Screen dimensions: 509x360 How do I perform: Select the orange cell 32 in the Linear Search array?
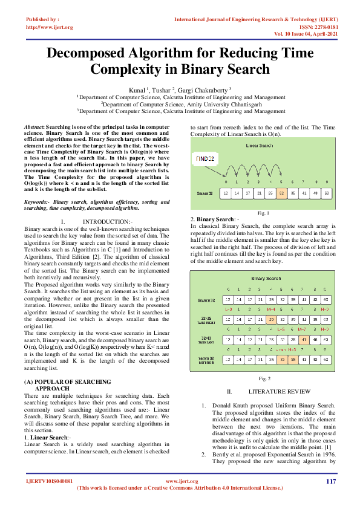[x=281, y=193]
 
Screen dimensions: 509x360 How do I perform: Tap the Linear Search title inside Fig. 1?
[x=261, y=146]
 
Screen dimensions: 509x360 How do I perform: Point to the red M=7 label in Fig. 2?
[x=304, y=329]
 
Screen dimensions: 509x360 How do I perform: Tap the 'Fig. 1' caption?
[x=263, y=213]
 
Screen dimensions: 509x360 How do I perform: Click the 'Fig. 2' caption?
[x=264, y=378]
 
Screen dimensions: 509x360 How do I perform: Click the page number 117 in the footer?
[x=330, y=481]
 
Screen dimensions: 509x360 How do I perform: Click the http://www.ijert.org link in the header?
[x=50, y=27]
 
